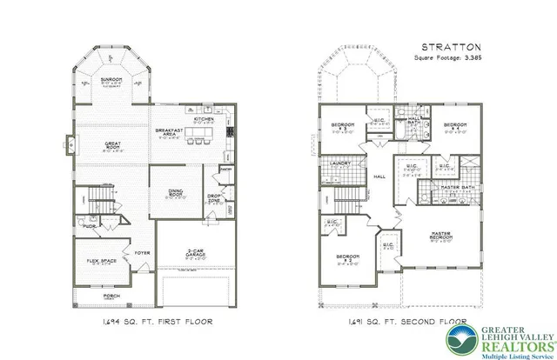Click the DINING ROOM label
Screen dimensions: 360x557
point(177,193)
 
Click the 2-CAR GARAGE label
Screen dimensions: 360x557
point(198,252)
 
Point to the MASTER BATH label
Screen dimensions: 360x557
point(456,188)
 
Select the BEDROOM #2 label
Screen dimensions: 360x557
point(348,258)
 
